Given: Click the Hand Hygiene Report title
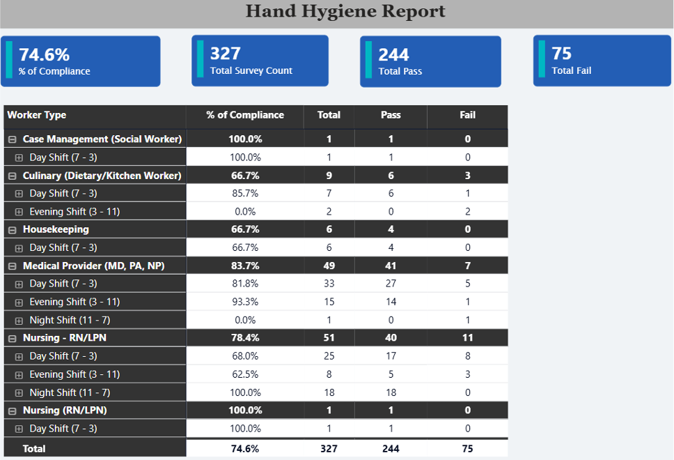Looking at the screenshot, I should (345, 12).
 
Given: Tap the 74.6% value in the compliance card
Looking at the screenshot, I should (44, 54).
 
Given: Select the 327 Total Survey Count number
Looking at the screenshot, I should (226, 54).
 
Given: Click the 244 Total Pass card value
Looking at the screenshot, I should (393, 54).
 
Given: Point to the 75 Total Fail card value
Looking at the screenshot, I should (561, 54).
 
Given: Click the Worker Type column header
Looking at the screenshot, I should (37, 115).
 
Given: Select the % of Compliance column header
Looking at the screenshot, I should (245, 115).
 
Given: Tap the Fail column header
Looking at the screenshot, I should (467, 115).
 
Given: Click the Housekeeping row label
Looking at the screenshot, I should (56, 229).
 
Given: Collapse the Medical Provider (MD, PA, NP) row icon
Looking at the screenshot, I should (12, 266).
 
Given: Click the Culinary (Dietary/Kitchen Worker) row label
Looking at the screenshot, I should (102, 176).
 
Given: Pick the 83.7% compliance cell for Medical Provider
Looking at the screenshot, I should (245, 266).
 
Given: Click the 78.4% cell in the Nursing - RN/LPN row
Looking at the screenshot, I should (245, 338).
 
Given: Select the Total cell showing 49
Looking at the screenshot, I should (329, 266).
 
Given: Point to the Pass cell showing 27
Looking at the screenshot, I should (391, 284).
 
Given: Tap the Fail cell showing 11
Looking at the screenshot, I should (467, 338).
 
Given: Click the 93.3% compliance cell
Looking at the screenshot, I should (245, 302).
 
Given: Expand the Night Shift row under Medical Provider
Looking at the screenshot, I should (19, 321).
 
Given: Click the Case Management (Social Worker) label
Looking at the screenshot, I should (102, 139).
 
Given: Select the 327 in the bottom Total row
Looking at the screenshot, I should (329, 449).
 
